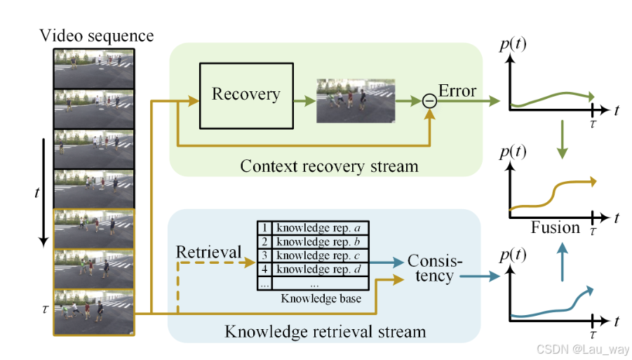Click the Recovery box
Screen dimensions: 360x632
tap(246, 95)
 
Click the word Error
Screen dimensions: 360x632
tap(457, 91)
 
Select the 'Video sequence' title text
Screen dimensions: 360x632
tap(97, 35)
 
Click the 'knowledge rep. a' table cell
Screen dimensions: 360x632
tap(321, 228)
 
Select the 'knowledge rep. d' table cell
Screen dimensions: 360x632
tap(321, 269)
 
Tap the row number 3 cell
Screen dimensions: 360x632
tap(264, 255)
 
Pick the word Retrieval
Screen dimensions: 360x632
tap(208, 252)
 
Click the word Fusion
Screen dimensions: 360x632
tap(556, 227)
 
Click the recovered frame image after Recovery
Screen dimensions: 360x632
tap(356, 100)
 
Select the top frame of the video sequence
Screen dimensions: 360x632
tap(93, 67)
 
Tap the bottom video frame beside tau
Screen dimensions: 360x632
tap(93, 311)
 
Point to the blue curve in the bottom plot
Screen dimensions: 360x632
tap(554, 307)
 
